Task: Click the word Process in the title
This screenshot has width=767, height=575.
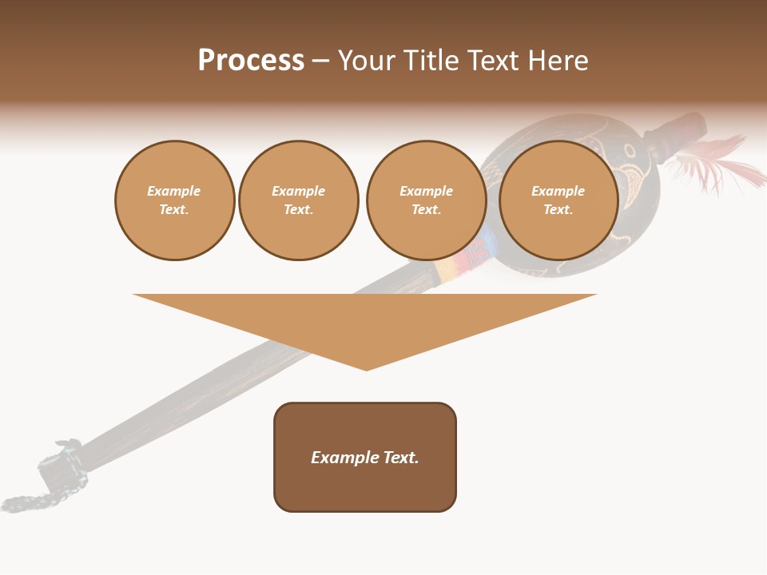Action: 251,61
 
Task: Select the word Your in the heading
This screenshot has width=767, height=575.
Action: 365,61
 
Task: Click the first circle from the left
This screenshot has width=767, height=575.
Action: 174,200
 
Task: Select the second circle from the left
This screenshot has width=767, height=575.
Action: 298,200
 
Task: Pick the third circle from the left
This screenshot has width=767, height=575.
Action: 426,200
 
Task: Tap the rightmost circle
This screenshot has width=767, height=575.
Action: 558,200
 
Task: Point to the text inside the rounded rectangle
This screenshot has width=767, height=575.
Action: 365,458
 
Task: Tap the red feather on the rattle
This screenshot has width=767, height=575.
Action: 723,164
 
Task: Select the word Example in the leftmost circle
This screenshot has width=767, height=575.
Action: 174,192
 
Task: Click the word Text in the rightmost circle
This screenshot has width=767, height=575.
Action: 558,210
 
